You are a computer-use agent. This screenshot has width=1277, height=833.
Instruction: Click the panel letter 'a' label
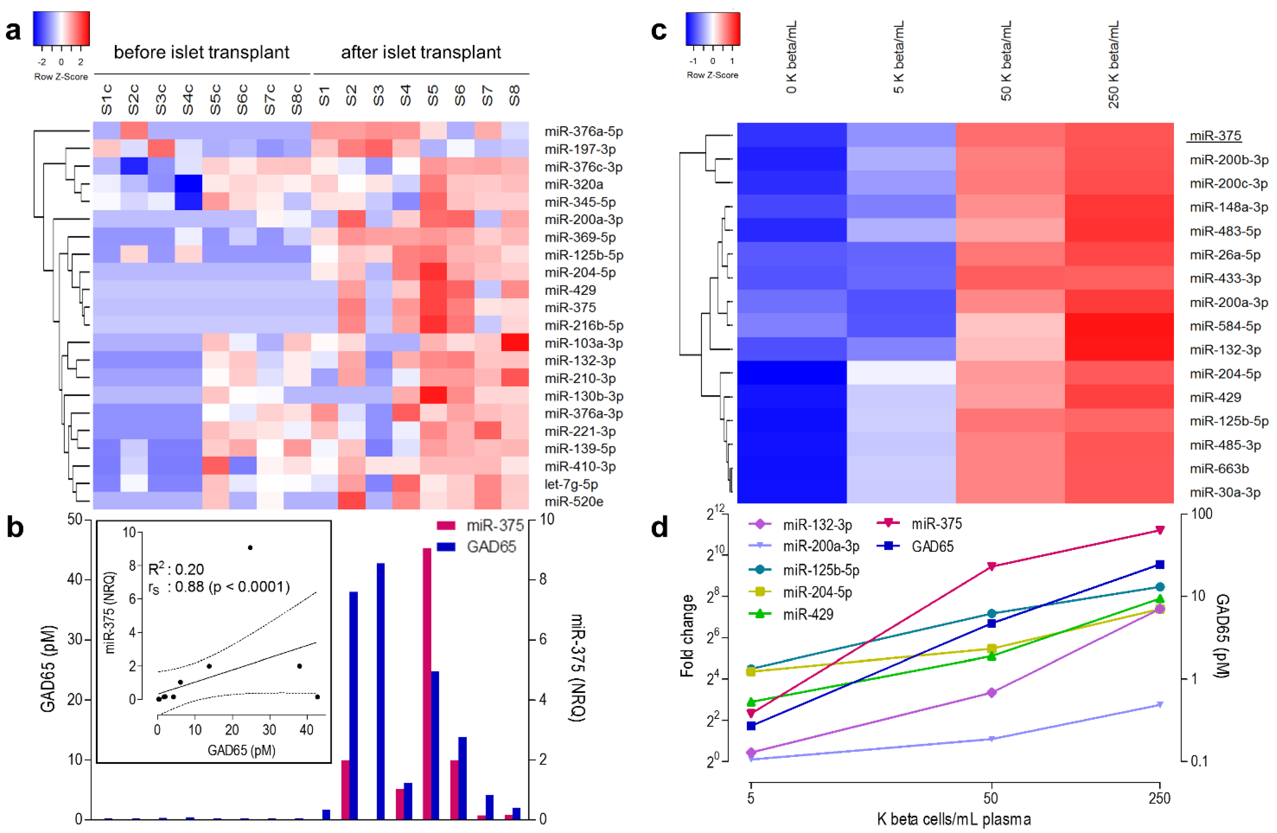(x=13, y=31)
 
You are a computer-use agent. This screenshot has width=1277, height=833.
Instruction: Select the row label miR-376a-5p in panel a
(x=583, y=131)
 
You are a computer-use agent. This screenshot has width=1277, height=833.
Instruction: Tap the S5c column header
(x=215, y=99)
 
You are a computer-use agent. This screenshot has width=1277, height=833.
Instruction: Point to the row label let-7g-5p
(x=571, y=484)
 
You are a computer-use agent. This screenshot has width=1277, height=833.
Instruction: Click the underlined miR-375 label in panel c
(x=1215, y=136)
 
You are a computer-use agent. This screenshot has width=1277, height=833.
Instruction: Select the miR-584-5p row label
(x=1225, y=326)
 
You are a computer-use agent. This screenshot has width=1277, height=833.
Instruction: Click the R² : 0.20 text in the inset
(x=176, y=569)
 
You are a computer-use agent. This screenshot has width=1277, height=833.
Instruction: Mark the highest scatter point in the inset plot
(x=250, y=548)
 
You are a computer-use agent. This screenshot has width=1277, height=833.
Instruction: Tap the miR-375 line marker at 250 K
(x=1159, y=530)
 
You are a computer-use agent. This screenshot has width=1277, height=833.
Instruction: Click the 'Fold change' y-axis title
(x=687, y=636)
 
